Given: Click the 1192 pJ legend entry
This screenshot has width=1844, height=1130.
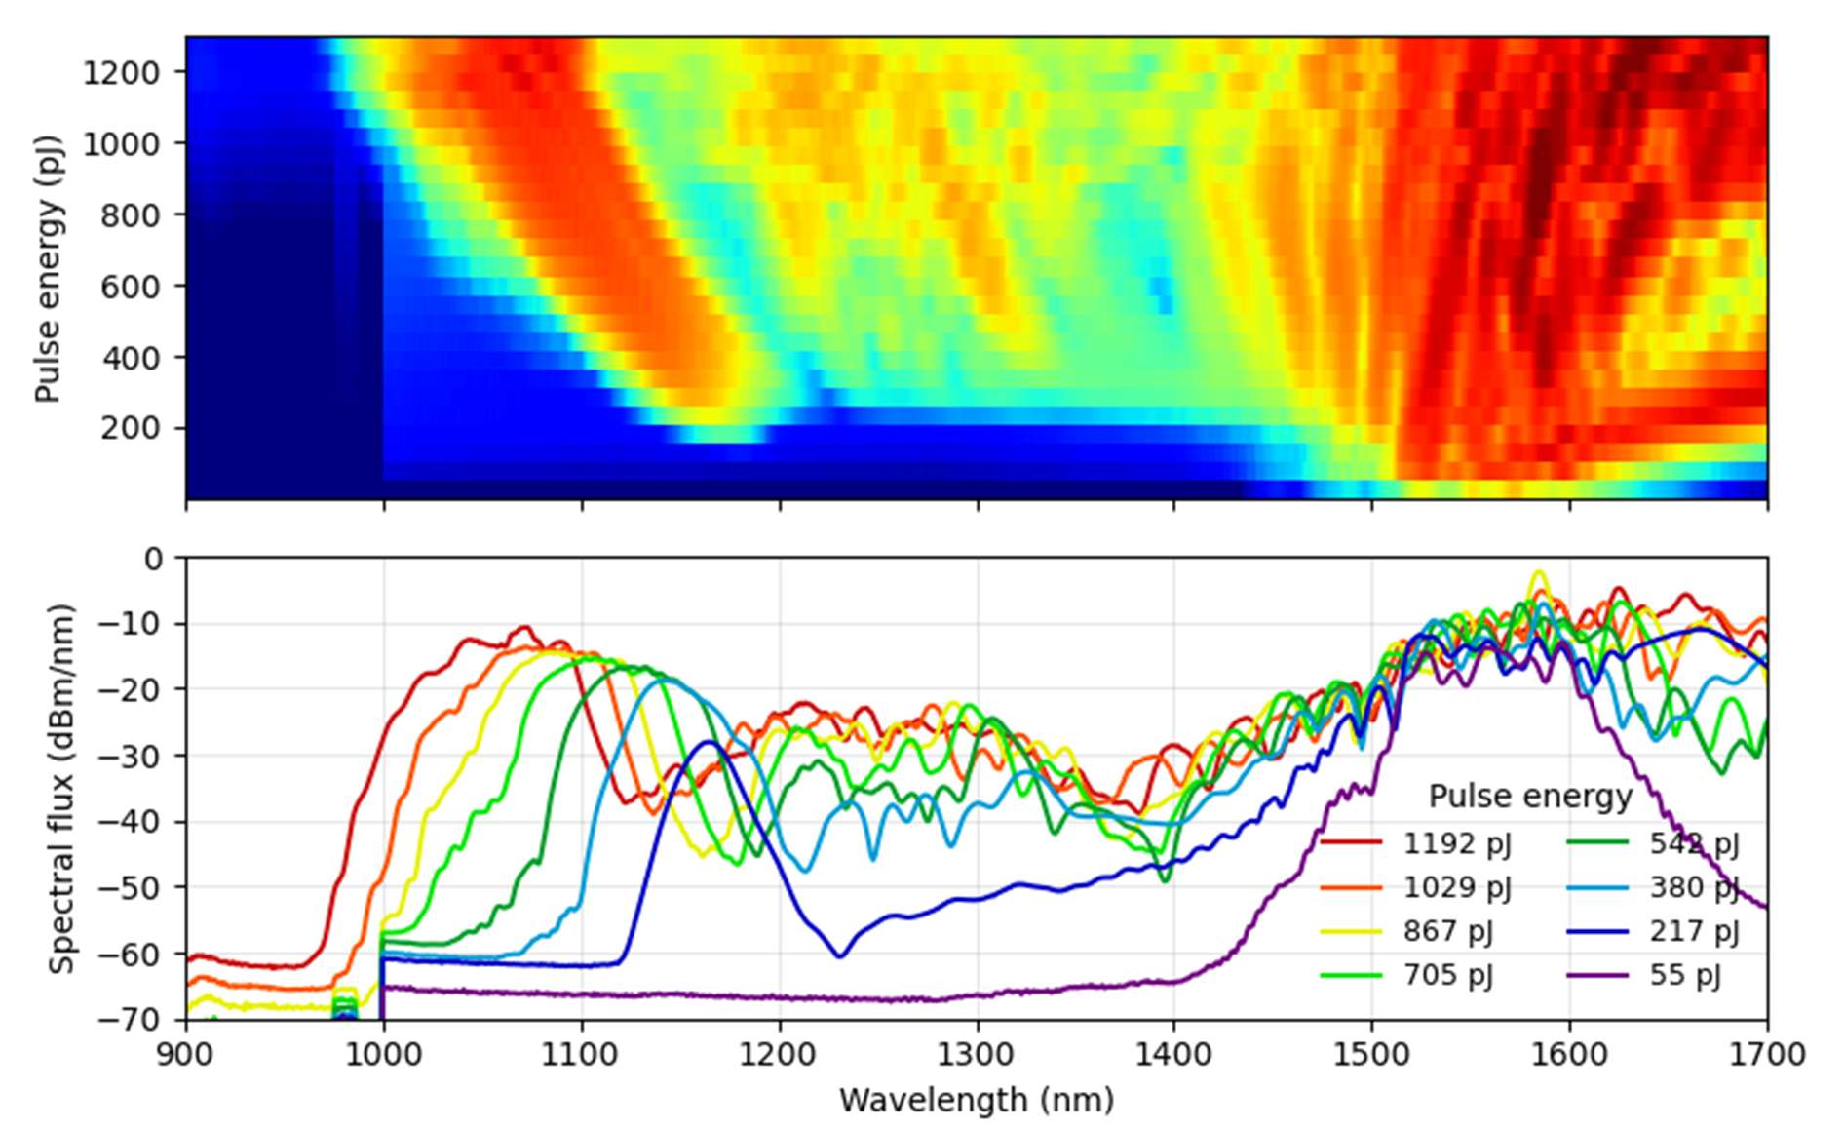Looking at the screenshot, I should tap(1456, 843).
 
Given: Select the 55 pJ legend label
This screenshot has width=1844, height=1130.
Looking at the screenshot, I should tap(1685, 975).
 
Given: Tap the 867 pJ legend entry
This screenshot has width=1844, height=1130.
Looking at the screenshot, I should tap(1447, 931).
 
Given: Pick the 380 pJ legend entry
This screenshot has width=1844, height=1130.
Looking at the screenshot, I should tap(1694, 887).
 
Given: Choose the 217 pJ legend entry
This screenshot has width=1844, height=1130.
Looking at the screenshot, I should tap(1694, 931).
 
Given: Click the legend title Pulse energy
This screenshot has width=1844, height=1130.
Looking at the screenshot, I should tap(1530, 797).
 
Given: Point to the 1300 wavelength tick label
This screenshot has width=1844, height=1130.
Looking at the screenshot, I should tap(977, 1055).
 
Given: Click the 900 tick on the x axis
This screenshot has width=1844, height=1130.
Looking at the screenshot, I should tap(185, 1055).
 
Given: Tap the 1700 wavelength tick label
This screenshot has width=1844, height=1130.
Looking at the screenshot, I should tap(1766, 1055).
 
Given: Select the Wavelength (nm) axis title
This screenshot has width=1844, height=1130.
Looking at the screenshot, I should tap(976, 1100).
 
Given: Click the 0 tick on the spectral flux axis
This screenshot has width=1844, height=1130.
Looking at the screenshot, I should tap(154, 559).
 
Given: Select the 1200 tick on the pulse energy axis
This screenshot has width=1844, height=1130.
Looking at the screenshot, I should tap(121, 72).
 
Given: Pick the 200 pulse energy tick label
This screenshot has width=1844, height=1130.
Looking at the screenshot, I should tap(131, 428).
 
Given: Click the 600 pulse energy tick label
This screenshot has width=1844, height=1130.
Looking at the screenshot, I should tap(131, 286).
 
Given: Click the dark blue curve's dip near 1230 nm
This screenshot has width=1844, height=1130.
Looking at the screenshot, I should tap(840, 956).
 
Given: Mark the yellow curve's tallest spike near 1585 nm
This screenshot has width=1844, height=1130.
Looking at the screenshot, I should tap(1539, 572).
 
